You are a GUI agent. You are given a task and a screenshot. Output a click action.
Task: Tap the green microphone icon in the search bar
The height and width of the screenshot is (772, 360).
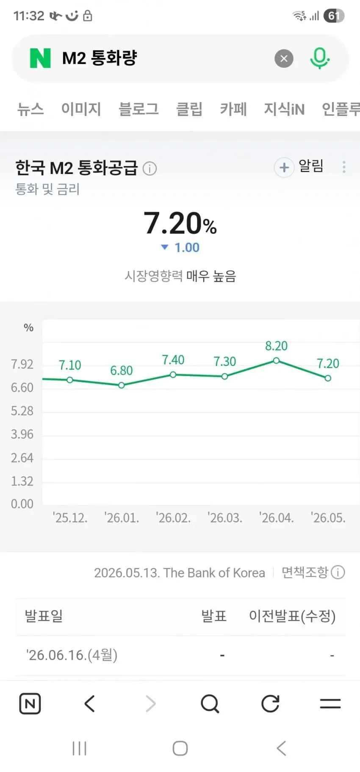[x=319, y=58]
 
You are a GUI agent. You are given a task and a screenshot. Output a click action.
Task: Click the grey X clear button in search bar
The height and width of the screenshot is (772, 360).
[x=284, y=58]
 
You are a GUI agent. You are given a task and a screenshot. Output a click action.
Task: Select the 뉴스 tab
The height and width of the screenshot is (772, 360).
[x=30, y=109]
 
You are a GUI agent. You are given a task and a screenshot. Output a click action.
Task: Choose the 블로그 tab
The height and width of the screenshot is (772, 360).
[x=138, y=109]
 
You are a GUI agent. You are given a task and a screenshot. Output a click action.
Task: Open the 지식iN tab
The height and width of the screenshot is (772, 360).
[x=284, y=109]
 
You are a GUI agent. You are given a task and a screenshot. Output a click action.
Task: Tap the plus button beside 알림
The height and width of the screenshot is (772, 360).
[x=284, y=168]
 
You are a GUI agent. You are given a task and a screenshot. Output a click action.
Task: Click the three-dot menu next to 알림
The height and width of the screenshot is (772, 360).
[x=344, y=167]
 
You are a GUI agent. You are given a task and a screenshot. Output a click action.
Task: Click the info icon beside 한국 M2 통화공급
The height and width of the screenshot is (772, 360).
[x=150, y=169]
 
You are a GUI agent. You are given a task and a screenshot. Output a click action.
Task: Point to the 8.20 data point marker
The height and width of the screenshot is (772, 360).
[x=276, y=360]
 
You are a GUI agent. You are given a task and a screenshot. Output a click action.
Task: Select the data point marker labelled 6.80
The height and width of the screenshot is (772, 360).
[x=122, y=385]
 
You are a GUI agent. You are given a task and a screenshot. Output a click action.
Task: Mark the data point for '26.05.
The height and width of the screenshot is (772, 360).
[x=328, y=378]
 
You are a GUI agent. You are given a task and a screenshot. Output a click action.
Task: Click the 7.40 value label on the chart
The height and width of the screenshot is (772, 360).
[x=173, y=360]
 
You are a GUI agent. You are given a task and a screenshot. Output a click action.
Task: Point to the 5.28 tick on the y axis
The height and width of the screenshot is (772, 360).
[x=22, y=411]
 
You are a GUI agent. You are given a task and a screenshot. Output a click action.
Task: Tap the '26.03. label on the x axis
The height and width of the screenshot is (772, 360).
[x=225, y=517]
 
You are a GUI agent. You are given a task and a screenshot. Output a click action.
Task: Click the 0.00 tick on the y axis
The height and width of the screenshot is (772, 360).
[x=22, y=504]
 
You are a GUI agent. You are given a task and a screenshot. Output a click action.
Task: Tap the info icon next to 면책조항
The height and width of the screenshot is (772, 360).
[x=338, y=573]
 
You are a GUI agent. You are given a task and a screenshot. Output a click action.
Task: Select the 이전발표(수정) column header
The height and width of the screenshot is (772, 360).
[x=292, y=616]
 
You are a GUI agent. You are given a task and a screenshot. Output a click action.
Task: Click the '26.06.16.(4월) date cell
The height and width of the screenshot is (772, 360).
[x=72, y=655]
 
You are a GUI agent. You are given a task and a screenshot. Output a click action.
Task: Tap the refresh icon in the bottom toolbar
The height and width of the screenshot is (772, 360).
[x=270, y=704]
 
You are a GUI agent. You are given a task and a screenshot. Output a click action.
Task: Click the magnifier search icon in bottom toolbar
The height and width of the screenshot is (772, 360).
[x=210, y=704]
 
